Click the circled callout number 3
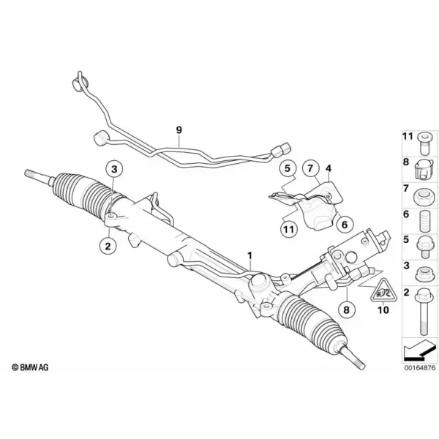coord(114,169)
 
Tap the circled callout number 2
coord(108,246)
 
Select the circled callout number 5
coord(288,168)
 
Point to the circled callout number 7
coord(310,168)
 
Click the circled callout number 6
coord(345,224)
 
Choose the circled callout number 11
coord(289,230)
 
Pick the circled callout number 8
coord(347,309)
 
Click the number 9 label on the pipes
coord(179,130)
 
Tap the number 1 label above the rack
coord(249,255)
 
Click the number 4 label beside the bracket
coord(329,168)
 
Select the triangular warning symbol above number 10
coord(383,290)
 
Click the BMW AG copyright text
coord(30,367)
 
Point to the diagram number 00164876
coord(420,367)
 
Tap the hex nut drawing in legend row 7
coord(424,196)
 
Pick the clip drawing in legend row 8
coord(424,170)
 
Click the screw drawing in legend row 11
coord(424,144)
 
